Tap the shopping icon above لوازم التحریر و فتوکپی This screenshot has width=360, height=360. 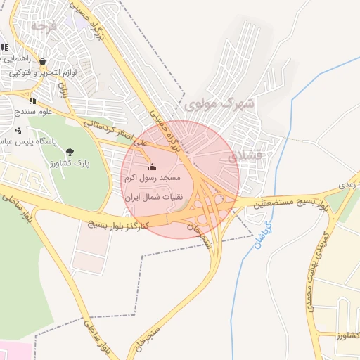(x=44, y=62)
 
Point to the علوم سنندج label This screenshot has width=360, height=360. (x=35, y=112)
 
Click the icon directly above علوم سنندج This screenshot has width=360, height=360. (x=32, y=101)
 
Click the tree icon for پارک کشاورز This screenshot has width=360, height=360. (x=69, y=152)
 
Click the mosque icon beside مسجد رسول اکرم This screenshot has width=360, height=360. (x=152, y=167)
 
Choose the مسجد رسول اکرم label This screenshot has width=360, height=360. (x=159, y=179)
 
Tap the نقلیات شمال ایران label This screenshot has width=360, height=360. (x=154, y=198)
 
